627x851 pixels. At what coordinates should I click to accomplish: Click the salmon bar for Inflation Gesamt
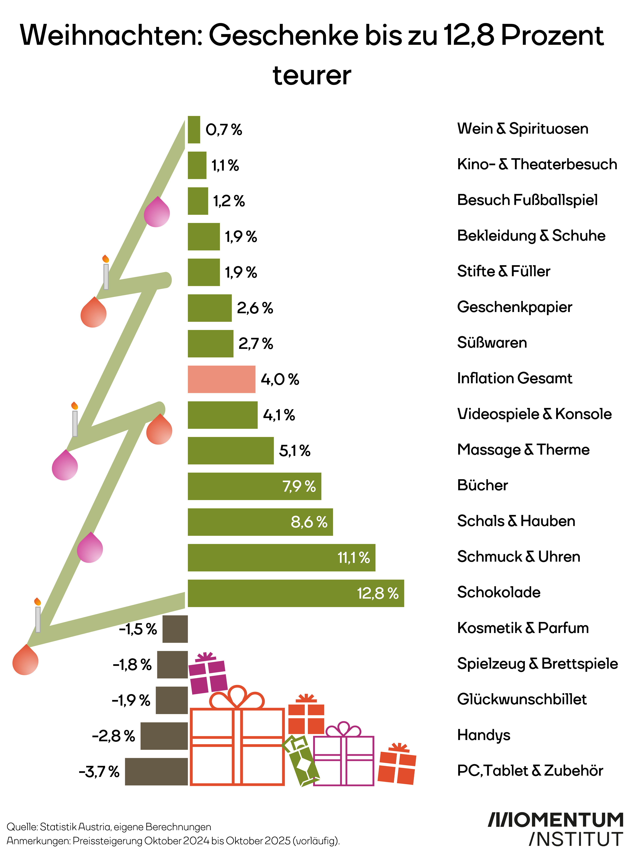221,379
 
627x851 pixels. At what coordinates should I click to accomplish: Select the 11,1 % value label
353,557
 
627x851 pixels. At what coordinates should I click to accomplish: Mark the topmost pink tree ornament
157,213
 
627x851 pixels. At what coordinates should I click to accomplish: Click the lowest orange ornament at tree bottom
25,661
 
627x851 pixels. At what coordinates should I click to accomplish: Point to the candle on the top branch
106,273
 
